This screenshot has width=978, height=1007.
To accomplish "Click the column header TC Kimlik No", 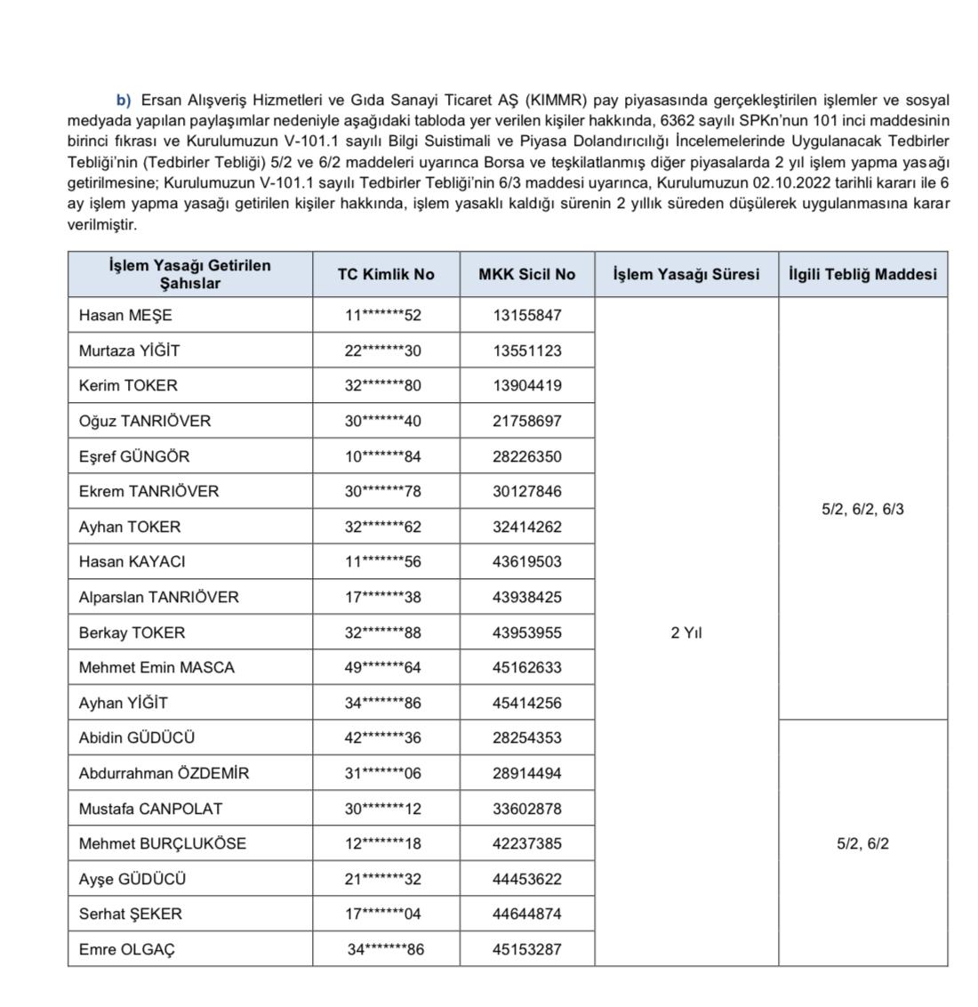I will pos(386,274).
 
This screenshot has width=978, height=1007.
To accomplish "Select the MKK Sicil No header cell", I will pos(526,274).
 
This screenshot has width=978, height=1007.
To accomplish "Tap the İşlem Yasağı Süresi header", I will pos(685,274).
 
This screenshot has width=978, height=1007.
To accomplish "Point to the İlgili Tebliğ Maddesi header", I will pos(862,274).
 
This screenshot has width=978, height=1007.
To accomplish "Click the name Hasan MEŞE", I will pos(125,315).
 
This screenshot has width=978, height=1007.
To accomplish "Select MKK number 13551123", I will pos(527,350).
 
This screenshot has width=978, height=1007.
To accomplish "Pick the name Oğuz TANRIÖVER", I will pos(145,421).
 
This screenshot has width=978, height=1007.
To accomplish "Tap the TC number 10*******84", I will pos(383,456).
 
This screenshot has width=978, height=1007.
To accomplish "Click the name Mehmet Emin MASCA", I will pos(156,667).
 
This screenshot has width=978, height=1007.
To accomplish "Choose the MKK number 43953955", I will pos(527,632).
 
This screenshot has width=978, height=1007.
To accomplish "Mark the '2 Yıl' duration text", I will pos(686,632).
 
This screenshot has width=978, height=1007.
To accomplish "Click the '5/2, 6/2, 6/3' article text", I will pos(862,510).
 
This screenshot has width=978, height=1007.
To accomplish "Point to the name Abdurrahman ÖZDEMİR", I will pos(164,773).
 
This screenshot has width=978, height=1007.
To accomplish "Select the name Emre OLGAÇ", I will pos(126,949).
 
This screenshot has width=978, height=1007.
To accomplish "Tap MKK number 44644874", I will pos(527,914).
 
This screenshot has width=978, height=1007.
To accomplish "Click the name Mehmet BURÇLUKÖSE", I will pos(162,843).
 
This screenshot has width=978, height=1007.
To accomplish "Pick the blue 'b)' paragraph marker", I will pos(124,101).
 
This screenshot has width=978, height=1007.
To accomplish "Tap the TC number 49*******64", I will pos(383,667).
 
